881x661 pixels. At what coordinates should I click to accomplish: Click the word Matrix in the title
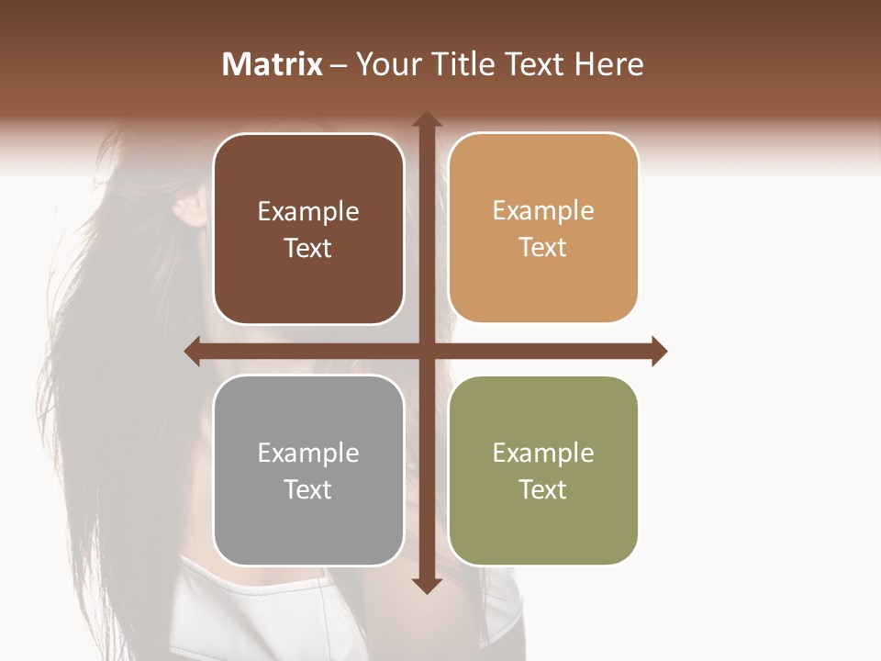pyautogui.click(x=273, y=64)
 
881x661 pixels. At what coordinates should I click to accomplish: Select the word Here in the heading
pyautogui.click(x=609, y=64)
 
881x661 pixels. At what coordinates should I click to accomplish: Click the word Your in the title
pyautogui.click(x=385, y=64)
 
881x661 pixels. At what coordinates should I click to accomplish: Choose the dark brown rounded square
pyautogui.click(x=308, y=230)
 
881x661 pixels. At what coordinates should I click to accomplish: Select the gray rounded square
pyautogui.click(x=308, y=470)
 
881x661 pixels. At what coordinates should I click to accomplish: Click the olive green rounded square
pyautogui.click(x=543, y=470)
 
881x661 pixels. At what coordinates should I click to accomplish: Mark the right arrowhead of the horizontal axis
pyautogui.click(x=658, y=352)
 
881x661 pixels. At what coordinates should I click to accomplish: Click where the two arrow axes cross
pyautogui.click(x=426, y=352)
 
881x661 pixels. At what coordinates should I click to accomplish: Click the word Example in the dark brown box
pyautogui.click(x=308, y=212)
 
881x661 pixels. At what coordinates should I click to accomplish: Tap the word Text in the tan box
pyautogui.click(x=543, y=248)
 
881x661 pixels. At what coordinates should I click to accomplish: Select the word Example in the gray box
pyautogui.click(x=308, y=453)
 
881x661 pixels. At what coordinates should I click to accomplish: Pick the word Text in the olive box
pyautogui.click(x=543, y=489)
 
